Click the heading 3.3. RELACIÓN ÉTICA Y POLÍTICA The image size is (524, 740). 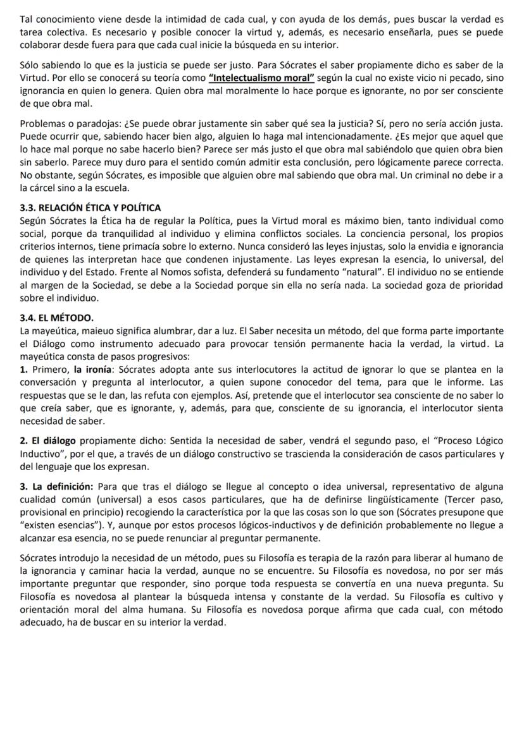point(90,207)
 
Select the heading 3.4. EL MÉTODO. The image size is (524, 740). point(57,318)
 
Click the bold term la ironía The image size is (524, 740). point(92,369)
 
